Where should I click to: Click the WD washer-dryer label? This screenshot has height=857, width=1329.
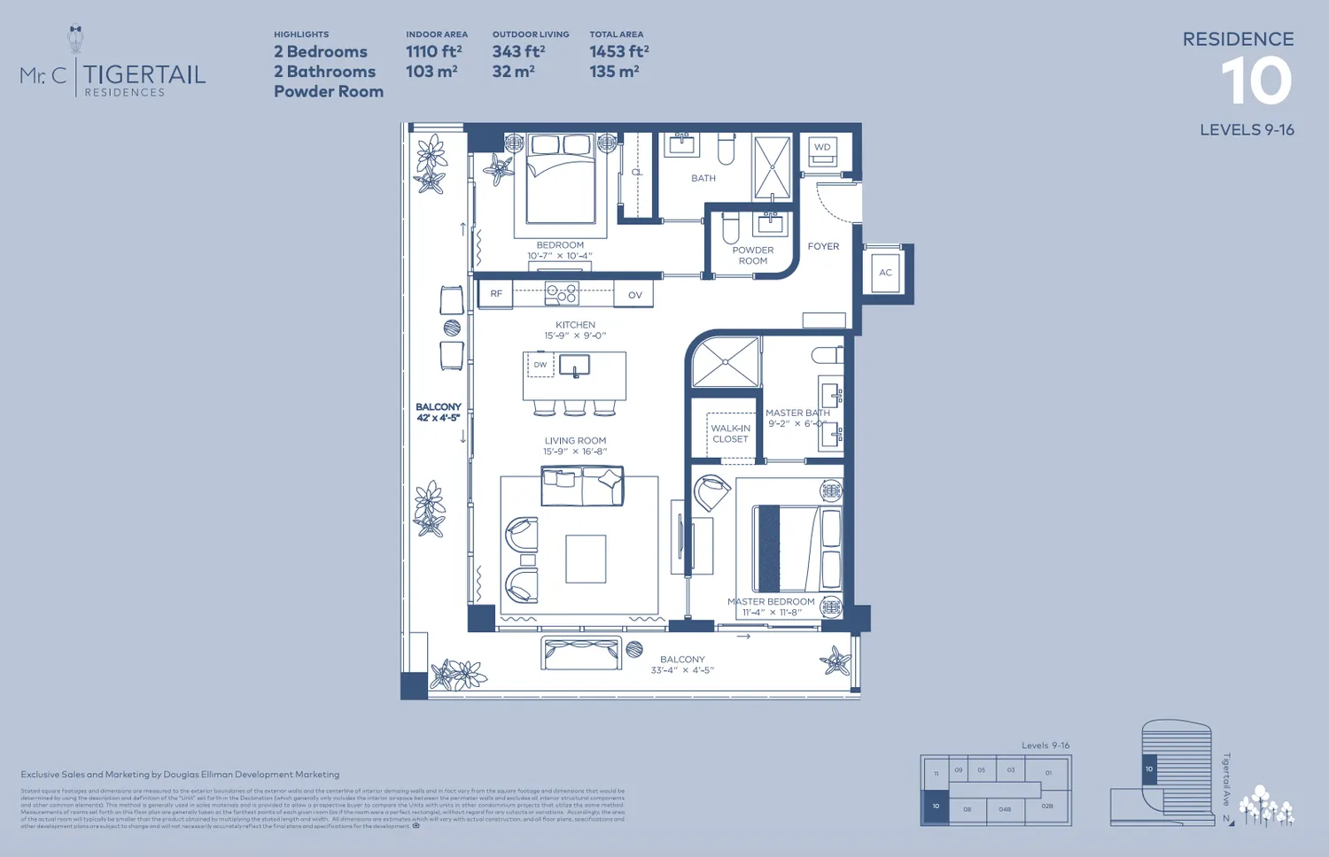822,148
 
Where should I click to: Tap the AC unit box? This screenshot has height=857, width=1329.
885,273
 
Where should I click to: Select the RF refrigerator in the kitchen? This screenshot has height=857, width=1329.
496,294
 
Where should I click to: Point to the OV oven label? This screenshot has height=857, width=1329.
634,295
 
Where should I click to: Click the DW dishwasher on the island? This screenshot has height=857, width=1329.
540,365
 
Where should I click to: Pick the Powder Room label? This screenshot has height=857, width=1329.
753,256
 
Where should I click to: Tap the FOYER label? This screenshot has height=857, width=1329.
823,247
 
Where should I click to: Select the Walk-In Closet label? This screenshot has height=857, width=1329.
730,434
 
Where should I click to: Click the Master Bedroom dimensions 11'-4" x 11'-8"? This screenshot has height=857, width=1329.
772,613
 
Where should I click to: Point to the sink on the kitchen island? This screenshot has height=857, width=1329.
574,366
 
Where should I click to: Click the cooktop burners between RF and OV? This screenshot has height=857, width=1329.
562,293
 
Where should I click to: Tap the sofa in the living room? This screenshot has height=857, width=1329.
582,487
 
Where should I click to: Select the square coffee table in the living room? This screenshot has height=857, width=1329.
586,559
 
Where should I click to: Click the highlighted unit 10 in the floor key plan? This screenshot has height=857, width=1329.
936,807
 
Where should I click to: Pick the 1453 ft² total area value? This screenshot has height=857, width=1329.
619,52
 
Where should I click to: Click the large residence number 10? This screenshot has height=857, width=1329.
1256,81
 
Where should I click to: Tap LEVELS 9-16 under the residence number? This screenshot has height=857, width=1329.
1247,130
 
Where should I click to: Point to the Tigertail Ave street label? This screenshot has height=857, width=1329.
1226,780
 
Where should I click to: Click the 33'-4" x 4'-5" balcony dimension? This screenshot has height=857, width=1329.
682,670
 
